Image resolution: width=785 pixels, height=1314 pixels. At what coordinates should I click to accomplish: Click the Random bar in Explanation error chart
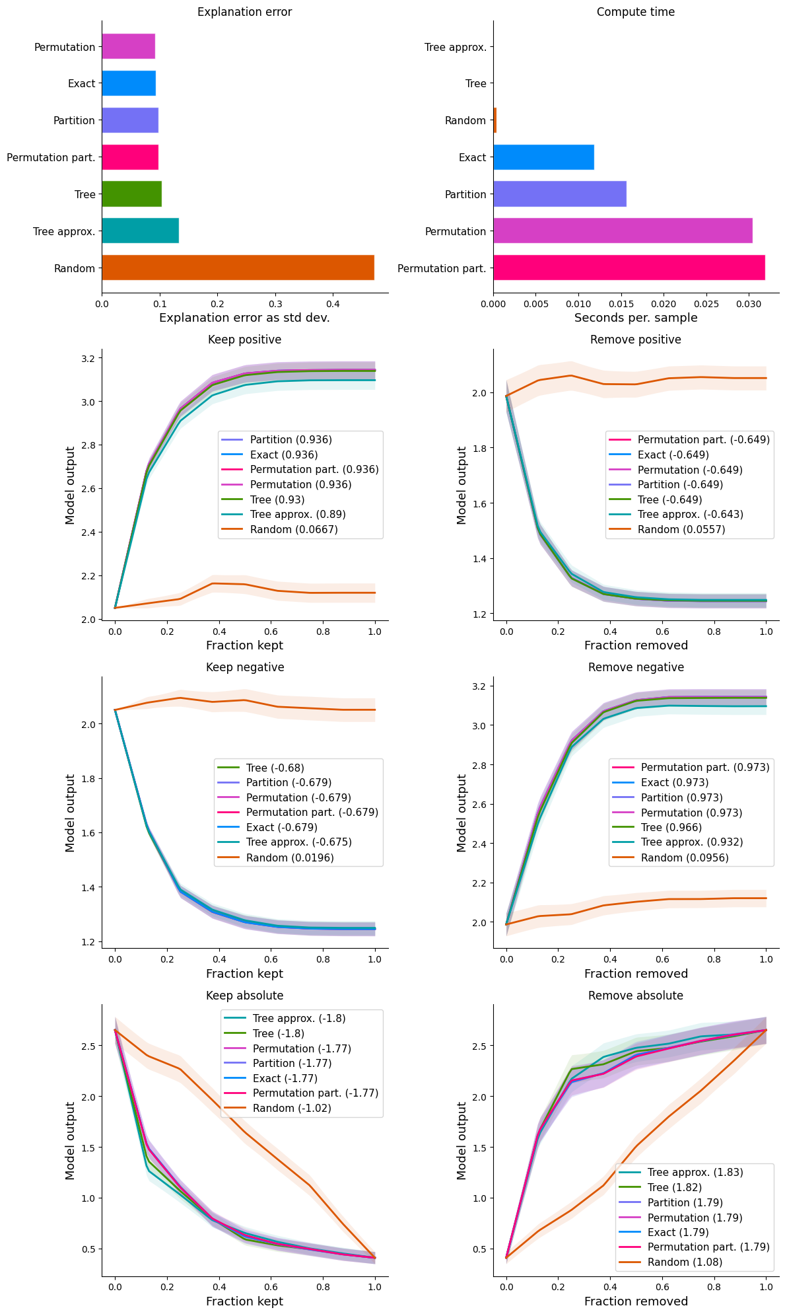coord(238,268)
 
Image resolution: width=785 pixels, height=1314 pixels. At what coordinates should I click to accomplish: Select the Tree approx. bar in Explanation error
coord(140,231)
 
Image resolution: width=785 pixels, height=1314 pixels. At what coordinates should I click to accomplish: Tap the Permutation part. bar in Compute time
coord(629,268)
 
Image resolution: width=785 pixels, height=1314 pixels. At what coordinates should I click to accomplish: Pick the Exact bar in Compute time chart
coord(543,157)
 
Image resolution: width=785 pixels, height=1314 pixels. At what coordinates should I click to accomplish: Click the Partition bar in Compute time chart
coord(559,194)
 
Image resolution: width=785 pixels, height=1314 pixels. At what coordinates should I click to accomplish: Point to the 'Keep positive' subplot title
coord(244,340)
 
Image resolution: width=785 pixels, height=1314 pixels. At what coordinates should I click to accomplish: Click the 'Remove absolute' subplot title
coord(635,996)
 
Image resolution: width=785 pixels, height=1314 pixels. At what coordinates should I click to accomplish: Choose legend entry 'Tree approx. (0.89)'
coord(298,514)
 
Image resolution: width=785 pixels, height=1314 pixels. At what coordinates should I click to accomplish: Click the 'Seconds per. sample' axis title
coord(635,318)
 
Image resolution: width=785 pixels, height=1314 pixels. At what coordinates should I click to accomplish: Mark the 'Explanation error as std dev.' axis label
coord(244,318)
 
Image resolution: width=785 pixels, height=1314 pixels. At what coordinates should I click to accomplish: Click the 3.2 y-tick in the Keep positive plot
coord(88,358)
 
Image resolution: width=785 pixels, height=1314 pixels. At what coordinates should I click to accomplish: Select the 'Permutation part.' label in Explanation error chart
coord(51,157)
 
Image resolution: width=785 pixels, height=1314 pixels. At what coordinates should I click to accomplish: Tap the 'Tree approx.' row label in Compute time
coord(455,47)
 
